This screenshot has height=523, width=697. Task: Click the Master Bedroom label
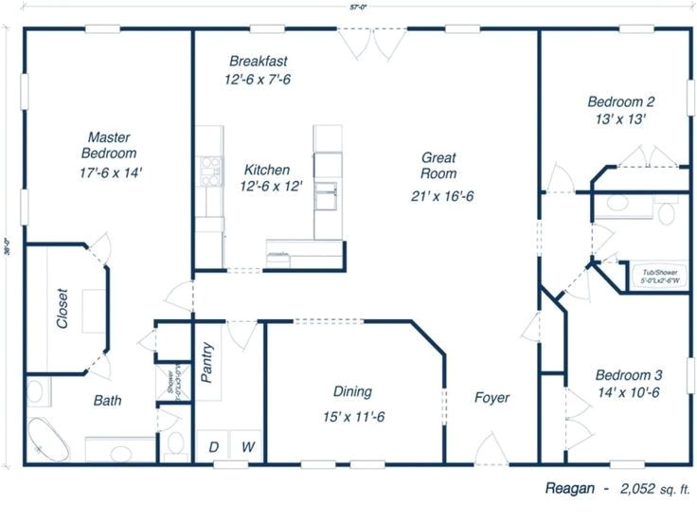point(110,144)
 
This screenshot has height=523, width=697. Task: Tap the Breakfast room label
point(258,62)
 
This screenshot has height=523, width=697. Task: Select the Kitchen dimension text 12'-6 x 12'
point(271,187)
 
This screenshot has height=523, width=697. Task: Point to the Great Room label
point(439,166)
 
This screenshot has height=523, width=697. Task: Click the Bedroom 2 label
point(620,101)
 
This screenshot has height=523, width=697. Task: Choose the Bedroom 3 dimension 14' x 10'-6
point(622,392)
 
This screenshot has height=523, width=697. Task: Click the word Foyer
point(491,398)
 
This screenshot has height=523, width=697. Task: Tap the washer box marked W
point(245,446)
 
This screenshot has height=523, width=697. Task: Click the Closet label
point(63,308)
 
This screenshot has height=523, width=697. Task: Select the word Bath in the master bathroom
point(107,401)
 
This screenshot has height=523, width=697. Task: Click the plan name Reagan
point(571,490)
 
